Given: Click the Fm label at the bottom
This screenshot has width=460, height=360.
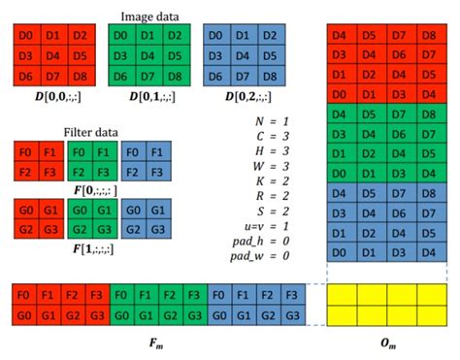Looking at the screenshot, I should pyautogui.click(x=158, y=342).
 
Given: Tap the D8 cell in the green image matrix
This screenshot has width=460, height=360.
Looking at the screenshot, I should pyautogui.click(x=174, y=75).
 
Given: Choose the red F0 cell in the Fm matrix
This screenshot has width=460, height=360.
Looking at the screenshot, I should pyautogui.click(x=24, y=294).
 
